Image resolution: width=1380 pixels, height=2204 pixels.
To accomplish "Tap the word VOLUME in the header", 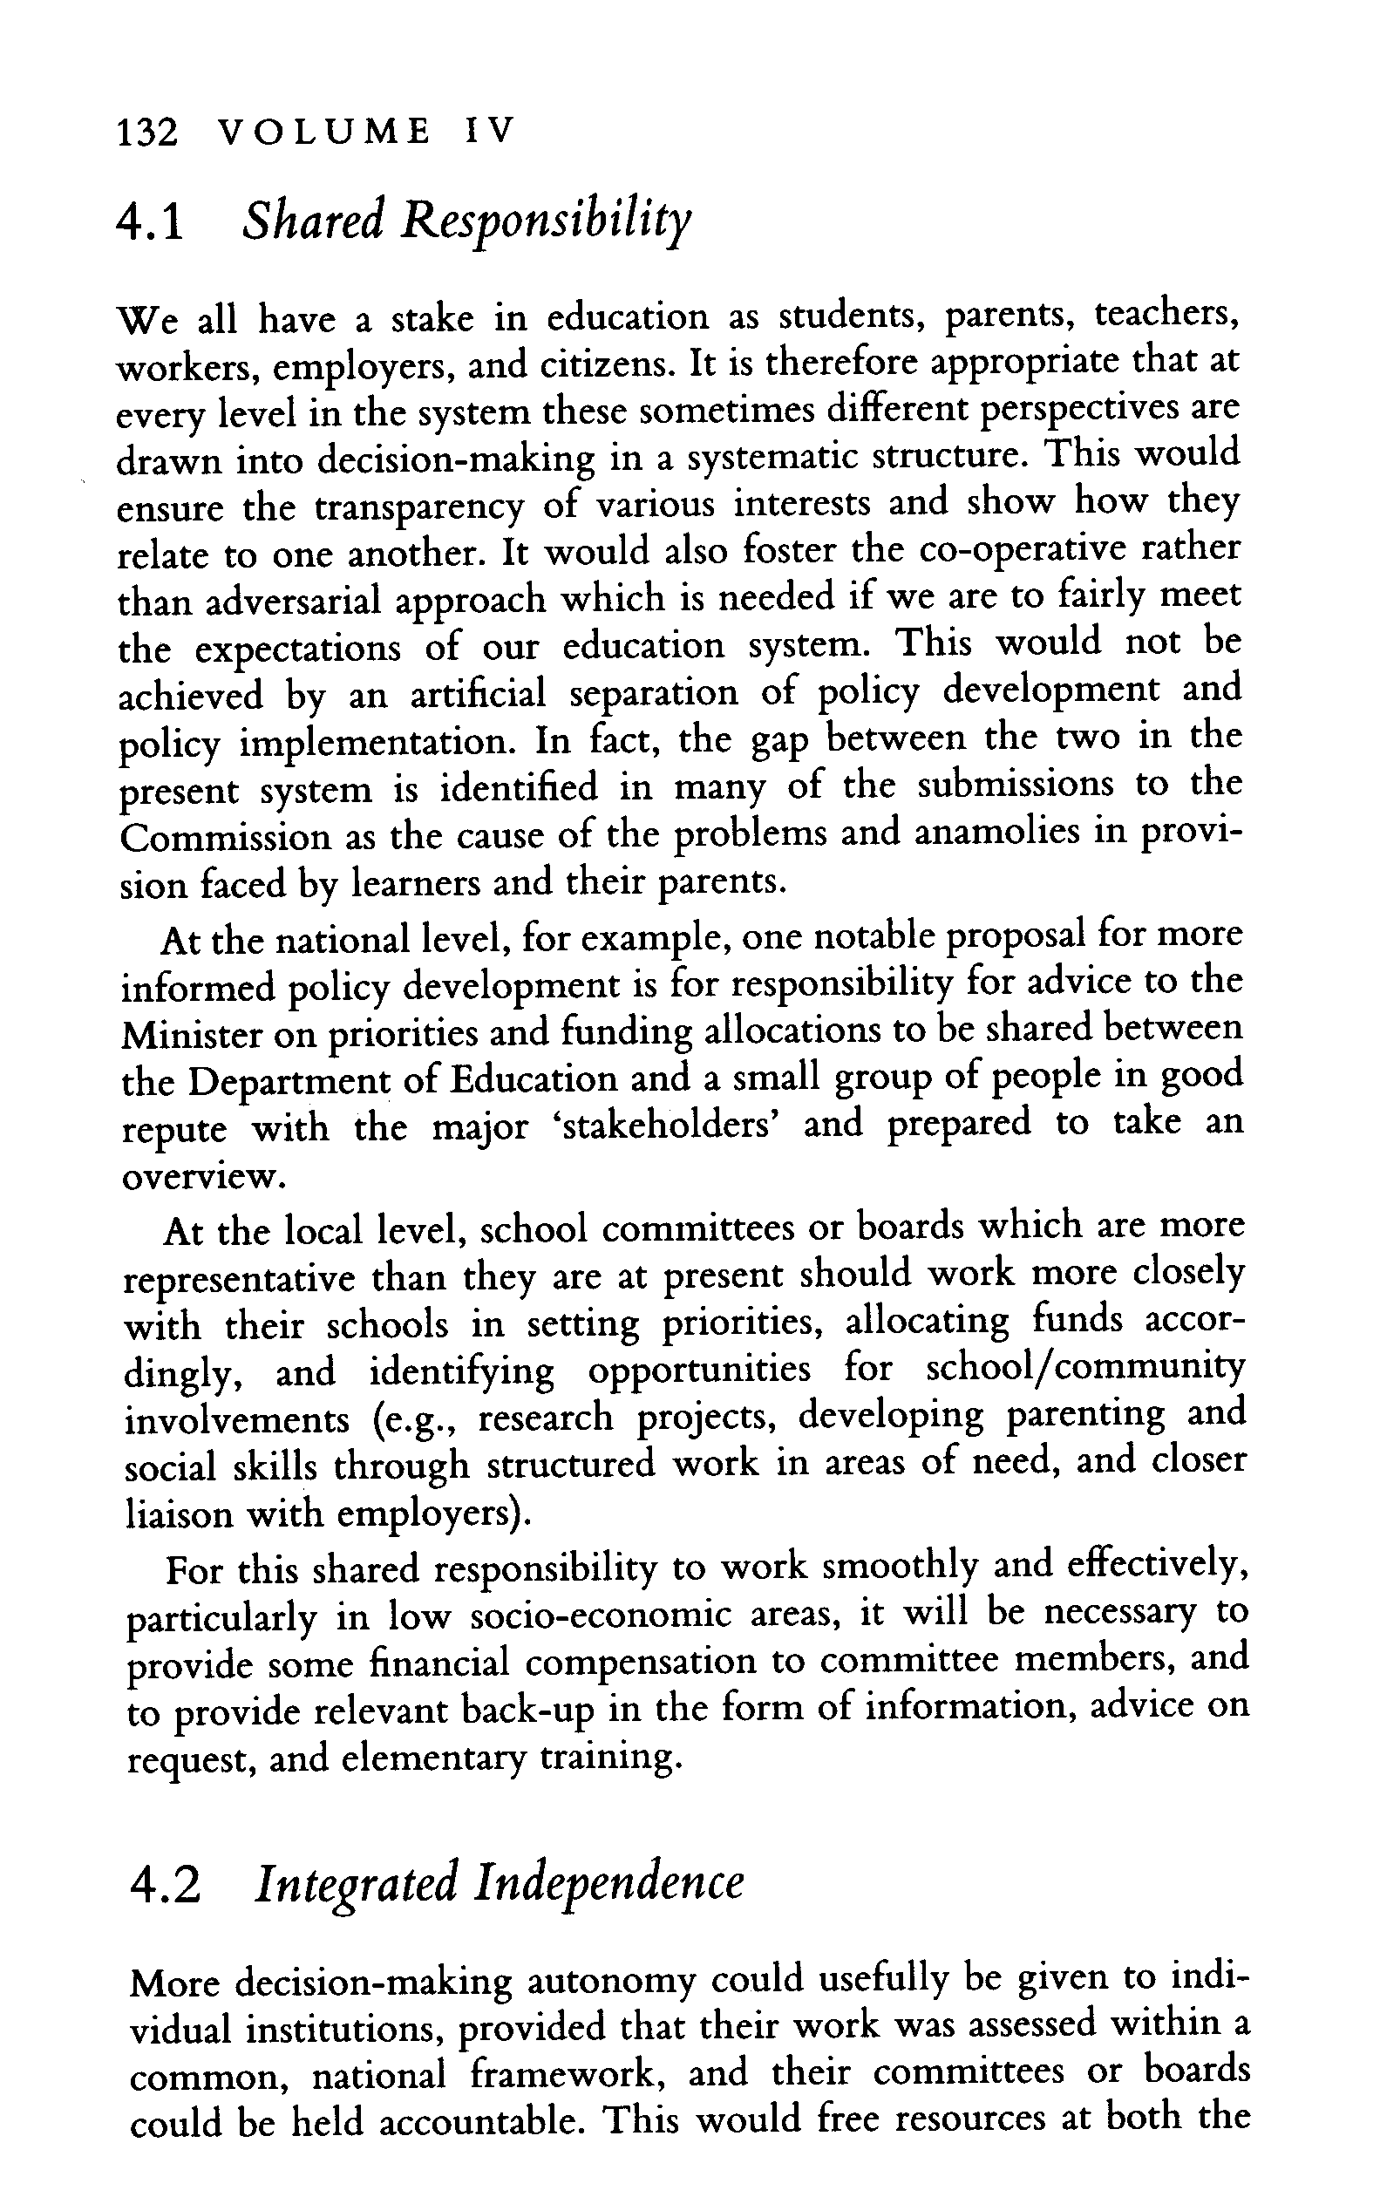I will coord(325,133).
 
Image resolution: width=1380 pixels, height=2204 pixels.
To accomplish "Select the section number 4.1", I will coord(151,223).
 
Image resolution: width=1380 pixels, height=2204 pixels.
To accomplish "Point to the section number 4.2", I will coord(164,1887).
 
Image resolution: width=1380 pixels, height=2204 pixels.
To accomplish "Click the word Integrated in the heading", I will coord(356,1887).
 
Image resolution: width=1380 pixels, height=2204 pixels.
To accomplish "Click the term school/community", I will coord(1085,1371).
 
